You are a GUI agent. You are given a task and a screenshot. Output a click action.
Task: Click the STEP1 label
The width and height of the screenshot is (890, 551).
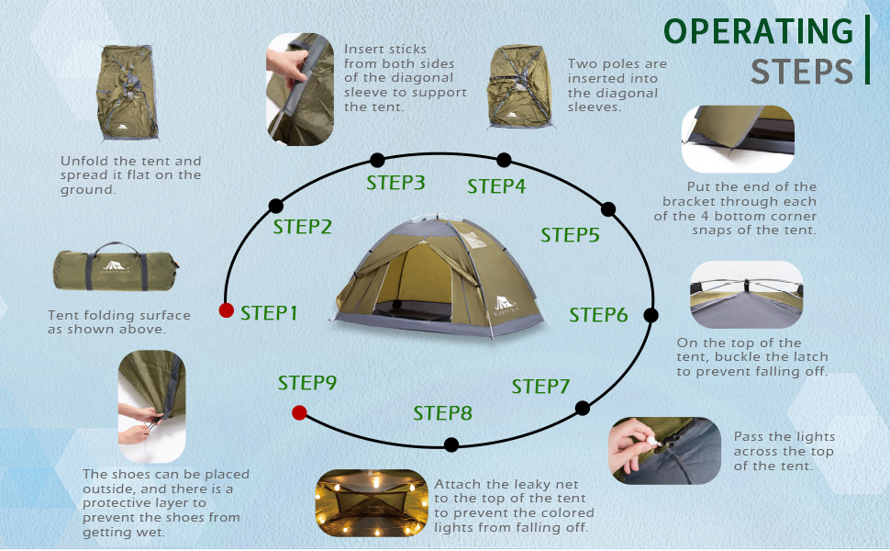(269, 313)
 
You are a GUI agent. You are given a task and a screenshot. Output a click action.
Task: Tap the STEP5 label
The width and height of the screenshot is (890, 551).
(570, 235)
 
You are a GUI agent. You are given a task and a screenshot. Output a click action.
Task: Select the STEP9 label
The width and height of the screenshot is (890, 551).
(307, 383)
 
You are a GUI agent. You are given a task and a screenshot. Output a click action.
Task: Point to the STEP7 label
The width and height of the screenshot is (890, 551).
(540, 387)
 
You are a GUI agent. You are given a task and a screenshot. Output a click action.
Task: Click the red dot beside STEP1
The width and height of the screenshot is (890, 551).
(226, 310)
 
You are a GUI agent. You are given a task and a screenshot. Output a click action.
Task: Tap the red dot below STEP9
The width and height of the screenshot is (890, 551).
(298, 412)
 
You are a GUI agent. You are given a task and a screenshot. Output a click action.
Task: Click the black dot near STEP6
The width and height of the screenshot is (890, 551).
(651, 315)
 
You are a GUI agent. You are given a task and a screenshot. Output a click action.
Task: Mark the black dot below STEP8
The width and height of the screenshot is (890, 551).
(451, 445)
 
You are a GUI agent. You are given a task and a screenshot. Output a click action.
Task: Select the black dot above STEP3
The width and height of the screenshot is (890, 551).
(377, 160)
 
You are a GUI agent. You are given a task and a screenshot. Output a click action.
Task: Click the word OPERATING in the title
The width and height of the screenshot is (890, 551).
(758, 30)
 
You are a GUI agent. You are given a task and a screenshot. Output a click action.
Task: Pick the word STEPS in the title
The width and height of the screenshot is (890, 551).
(802, 71)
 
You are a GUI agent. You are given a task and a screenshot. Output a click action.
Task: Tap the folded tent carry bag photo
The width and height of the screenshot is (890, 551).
(115, 269)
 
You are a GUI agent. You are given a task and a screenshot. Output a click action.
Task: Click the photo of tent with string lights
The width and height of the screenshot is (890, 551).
(371, 502)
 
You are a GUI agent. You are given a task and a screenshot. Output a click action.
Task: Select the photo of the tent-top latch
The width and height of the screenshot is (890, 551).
(746, 295)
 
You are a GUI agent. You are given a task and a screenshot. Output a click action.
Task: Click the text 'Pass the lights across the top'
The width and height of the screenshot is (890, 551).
(784, 451)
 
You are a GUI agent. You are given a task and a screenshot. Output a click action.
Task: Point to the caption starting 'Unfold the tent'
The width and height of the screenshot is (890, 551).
(130, 174)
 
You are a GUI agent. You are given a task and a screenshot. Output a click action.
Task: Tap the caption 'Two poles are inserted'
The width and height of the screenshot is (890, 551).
(617, 85)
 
